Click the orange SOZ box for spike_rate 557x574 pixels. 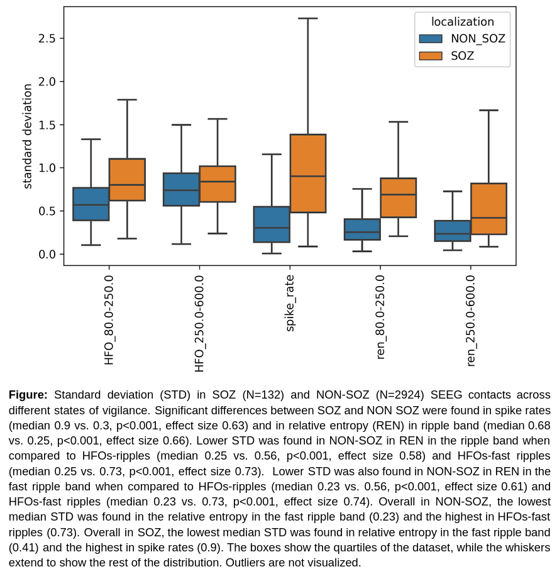pos(307,174)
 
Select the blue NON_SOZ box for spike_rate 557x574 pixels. pos(272,224)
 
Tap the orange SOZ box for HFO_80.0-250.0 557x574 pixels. pos(127,180)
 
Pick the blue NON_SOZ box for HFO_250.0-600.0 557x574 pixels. pos(181,189)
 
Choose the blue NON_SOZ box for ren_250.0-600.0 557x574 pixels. pos(453,231)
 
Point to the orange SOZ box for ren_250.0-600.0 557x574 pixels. pos(488,209)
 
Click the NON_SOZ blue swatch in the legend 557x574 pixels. pos(431,38)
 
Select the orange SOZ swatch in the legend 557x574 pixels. pos(431,56)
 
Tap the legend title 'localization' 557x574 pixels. pos(462,21)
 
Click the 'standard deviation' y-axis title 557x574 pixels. pos(28,136)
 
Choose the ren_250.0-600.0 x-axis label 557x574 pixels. pos(471,321)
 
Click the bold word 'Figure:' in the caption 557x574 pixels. pos(28,395)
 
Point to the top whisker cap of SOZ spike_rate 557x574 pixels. pos(307,18)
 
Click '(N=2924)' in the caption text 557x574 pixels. pos(401,395)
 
